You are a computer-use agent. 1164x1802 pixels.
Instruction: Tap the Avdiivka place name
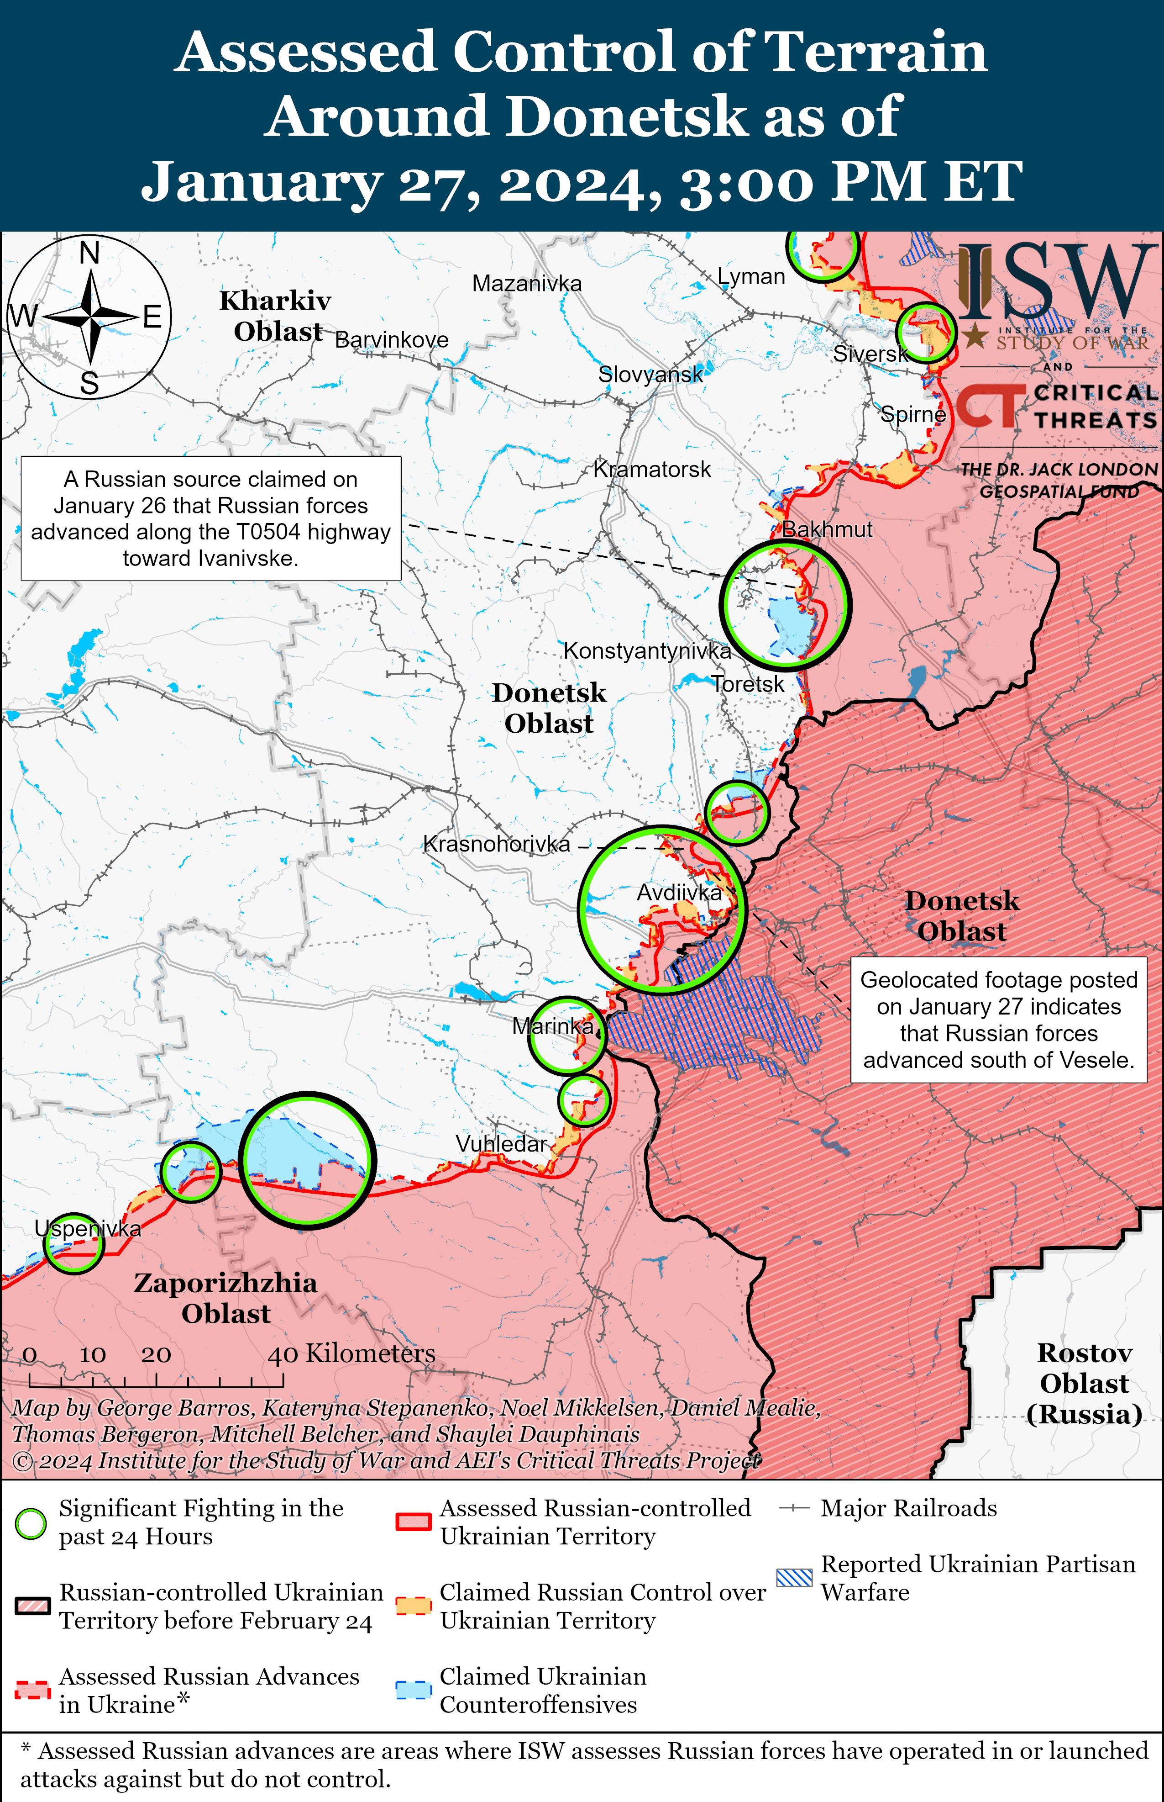pos(679,892)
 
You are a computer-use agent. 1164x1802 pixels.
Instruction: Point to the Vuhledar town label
pos(500,1143)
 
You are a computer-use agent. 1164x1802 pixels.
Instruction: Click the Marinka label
pos(552,1026)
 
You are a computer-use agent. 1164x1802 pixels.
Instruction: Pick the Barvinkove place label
pos(392,339)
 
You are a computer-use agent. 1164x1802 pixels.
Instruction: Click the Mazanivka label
pos(527,284)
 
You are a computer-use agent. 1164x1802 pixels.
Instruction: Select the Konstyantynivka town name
pos(647,650)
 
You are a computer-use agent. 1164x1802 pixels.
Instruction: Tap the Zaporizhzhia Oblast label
pos(225,1298)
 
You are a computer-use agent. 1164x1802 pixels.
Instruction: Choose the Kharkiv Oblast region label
pos(276,315)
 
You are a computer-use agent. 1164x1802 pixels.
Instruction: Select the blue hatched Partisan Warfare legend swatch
pos(794,1577)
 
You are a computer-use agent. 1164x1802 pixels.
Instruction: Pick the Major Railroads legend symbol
pos(794,1508)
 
